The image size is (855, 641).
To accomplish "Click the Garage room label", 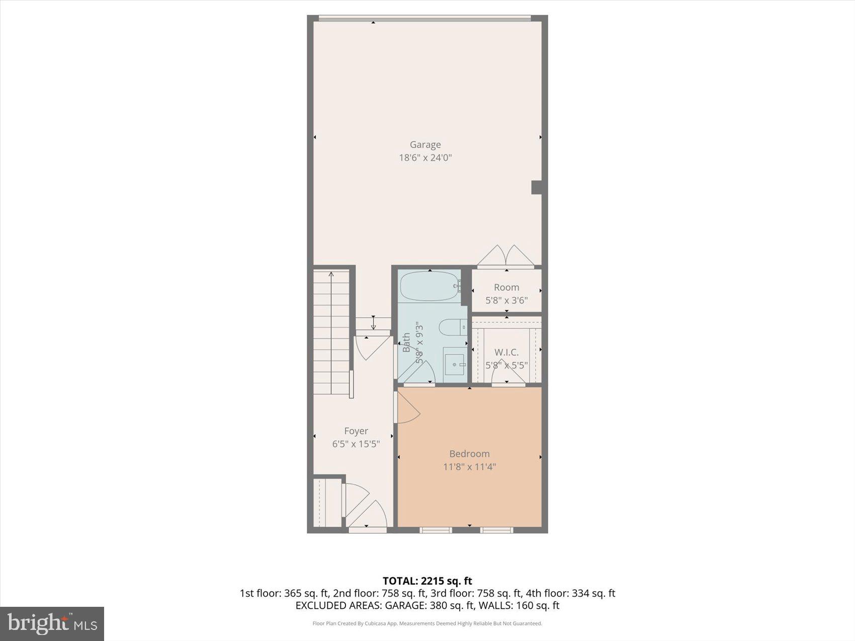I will point(425,145).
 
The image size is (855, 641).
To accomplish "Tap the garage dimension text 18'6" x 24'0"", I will point(425,158).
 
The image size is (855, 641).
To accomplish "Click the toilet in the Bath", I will point(452,328).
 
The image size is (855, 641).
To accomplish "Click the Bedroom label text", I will point(469,454).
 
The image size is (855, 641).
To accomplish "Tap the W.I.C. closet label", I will point(506,352).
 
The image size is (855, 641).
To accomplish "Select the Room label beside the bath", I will point(506,288).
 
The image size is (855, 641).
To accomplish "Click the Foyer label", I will point(356,431).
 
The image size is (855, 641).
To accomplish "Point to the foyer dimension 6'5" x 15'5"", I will point(356,444).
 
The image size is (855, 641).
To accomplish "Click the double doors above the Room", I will point(505,256).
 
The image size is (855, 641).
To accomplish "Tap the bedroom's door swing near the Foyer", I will point(407,407).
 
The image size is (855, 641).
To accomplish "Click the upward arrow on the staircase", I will point(331,276).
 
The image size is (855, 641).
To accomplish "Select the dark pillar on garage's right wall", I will point(537,188).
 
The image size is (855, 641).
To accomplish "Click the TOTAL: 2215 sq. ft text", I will point(427,581).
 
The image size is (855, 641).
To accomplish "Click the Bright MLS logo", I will point(52,624).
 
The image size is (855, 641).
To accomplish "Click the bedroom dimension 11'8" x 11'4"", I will point(469,467).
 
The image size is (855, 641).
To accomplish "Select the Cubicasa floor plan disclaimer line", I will point(427,624).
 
